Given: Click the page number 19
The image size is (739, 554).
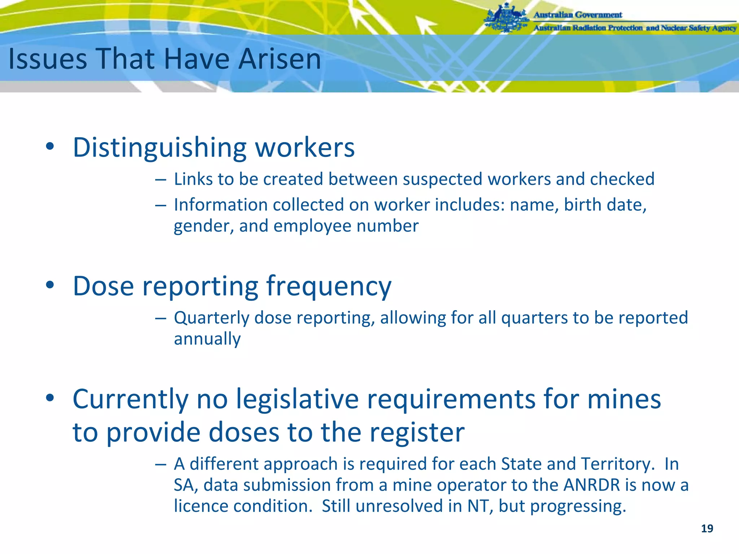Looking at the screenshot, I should click(x=707, y=529).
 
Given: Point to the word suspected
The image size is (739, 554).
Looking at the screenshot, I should click(x=442, y=179).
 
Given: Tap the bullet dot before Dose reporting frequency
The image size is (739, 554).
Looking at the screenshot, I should click(x=50, y=285).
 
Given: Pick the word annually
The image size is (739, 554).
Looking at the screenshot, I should click(x=207, y=339).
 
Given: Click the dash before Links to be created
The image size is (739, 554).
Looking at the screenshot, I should click(x=161, y=179).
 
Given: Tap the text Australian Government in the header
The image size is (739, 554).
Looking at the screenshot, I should click(x=578, y=15).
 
